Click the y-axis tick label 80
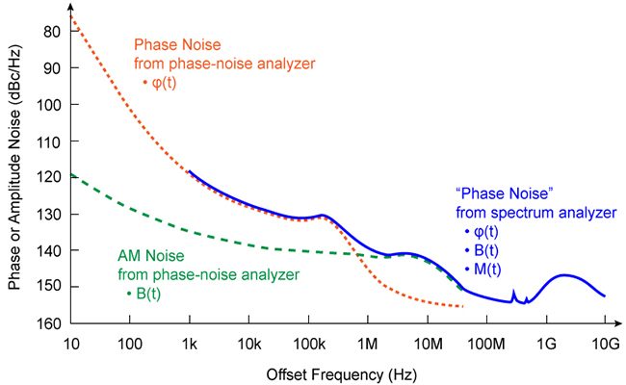coord(53,32)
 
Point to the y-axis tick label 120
coord(49,177)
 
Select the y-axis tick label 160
coord(49,322)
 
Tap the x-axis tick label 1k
coord(189,344)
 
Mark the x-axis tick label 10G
coord(605,344)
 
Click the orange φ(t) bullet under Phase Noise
coord(160,83)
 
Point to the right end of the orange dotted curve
coord(463,307)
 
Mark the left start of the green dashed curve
coord(71,175)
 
